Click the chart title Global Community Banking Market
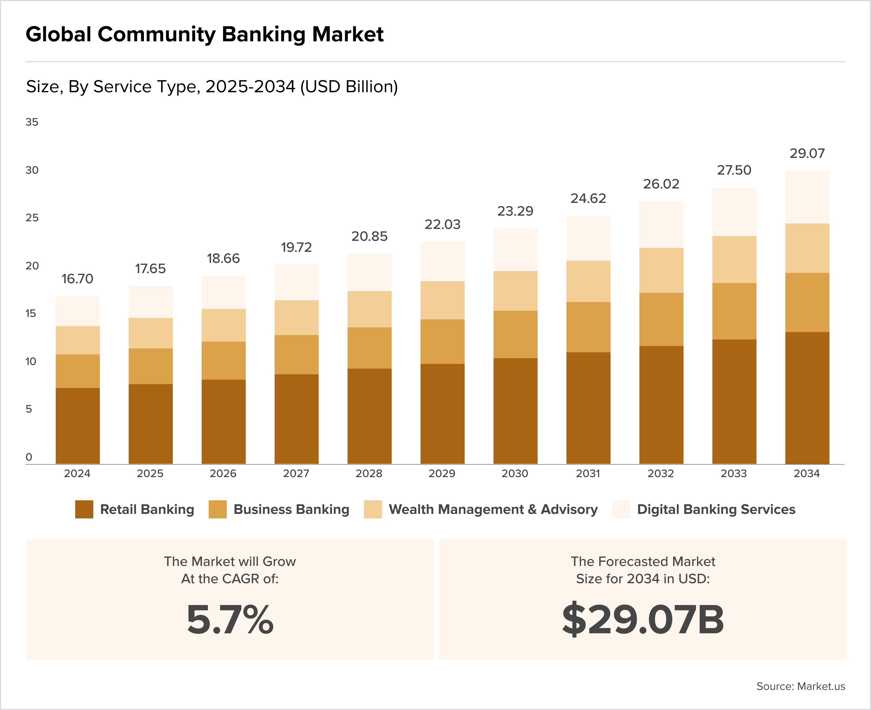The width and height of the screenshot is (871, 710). tap(204, 34)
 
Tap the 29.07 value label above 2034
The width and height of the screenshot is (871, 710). tap(807, 153)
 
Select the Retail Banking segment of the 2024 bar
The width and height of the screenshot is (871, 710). tap(78, 425)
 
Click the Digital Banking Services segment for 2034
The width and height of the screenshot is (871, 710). tap(807, 197)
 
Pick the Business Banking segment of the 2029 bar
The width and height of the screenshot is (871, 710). tap(442, 342)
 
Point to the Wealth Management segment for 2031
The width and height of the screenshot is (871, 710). tap(588, 281)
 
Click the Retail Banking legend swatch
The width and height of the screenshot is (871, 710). tap(84, 509)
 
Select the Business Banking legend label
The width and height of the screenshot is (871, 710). tap(291, 509)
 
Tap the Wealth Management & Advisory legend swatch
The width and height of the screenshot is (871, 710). tap(373, 509)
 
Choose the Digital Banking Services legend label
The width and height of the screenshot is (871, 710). tap(716, 509)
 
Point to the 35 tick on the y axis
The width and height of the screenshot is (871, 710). tap(32, 122)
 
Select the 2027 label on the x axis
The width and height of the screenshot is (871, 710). tap(296, 474)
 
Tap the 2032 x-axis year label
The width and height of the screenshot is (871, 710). tap(661, 474)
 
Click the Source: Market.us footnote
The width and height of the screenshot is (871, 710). tap(800, 686)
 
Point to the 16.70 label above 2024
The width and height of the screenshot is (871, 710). tap(77, 279)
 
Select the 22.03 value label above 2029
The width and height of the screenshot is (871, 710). tap(442, 224)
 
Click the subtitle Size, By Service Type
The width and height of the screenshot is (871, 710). tap(212, 87)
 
